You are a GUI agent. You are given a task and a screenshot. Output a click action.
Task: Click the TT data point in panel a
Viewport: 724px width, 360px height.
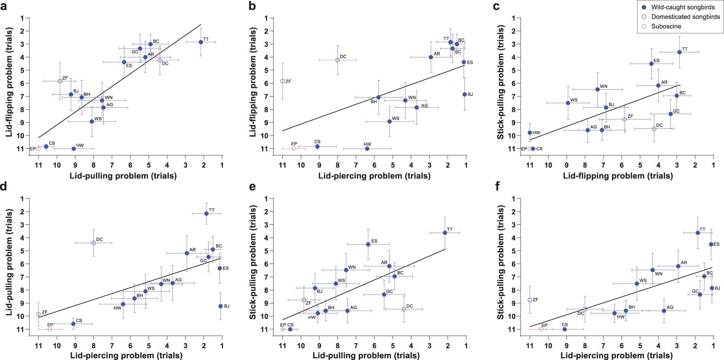(201, 42)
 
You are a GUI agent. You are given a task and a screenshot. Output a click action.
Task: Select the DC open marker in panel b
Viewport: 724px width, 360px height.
(338, 60)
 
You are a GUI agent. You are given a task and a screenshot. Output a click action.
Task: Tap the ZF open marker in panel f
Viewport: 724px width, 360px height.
(530, 300)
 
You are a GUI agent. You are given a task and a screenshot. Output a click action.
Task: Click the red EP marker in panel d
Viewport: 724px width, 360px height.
(50, 329)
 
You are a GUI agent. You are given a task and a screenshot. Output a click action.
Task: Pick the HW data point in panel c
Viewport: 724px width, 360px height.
(530, 133)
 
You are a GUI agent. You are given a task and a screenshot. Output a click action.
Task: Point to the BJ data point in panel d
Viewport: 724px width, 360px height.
(220, 306)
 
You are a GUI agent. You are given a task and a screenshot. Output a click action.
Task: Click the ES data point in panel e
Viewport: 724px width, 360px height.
(368, 244)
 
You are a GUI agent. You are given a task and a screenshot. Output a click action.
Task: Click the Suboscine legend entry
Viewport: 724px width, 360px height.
(666, 26)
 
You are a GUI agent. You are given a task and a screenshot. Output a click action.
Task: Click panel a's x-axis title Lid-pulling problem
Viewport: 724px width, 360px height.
(123, 175)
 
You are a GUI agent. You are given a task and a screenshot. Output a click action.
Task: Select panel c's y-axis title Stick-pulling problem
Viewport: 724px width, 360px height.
(501, 82)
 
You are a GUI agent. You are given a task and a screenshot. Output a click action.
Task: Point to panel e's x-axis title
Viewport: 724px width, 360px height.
(366, 355)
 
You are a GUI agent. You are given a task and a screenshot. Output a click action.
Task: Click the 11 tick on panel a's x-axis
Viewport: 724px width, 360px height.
(38, 165)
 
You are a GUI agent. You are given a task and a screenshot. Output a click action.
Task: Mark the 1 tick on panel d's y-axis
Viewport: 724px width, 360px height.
(23, 198)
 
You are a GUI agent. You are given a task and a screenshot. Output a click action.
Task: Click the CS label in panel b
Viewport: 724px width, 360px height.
(317, 142)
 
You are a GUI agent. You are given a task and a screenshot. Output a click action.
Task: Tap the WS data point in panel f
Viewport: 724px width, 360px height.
(637, 284)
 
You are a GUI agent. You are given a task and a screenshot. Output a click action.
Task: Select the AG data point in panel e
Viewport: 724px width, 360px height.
(347, 311)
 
